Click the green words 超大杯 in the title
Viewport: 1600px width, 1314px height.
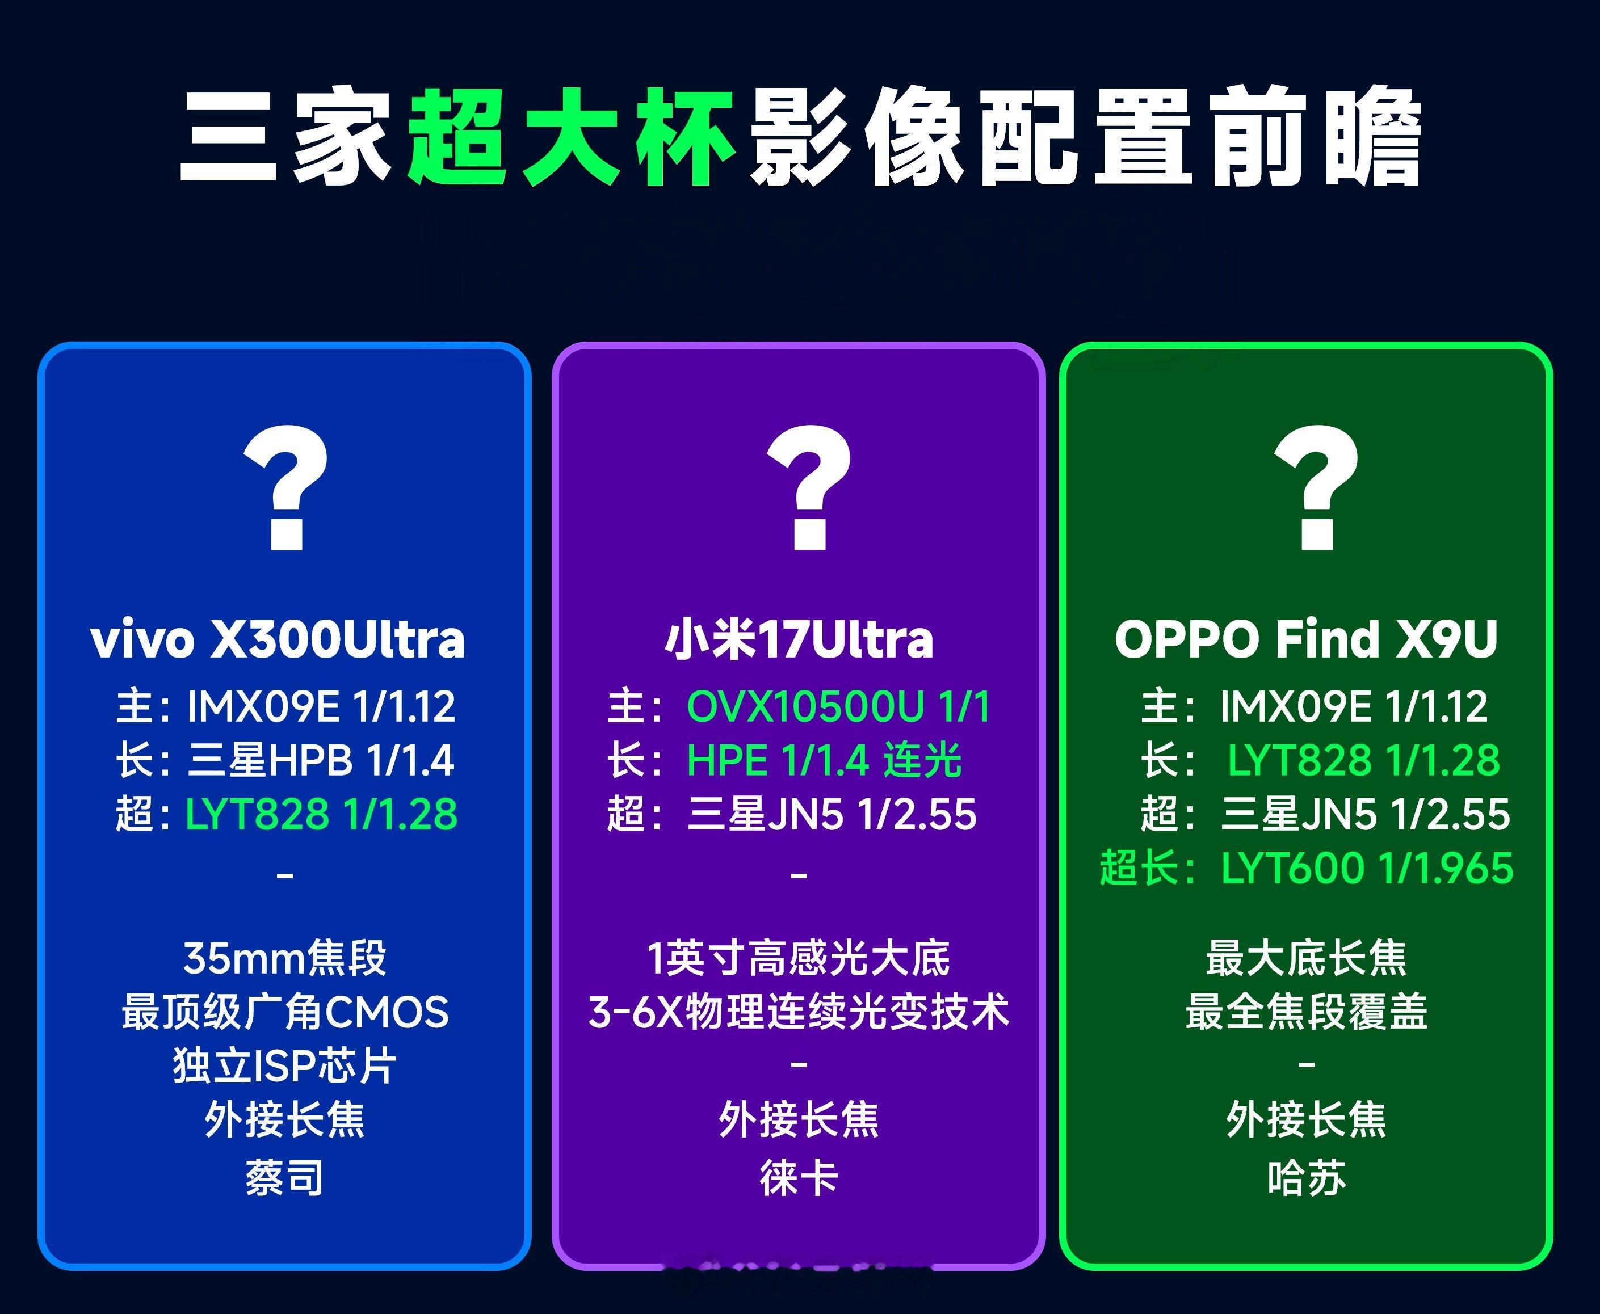click(571, 138)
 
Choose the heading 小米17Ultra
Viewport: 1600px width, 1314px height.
click(799, 639)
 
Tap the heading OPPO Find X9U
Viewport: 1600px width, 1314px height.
click(1306, 639)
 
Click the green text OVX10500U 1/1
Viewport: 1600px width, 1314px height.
click(838, 706)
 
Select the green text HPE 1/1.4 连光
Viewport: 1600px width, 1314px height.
click(824, 760)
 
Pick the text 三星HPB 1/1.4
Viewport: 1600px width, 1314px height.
click(320, 760)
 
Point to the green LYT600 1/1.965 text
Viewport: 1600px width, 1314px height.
click(1367, 867)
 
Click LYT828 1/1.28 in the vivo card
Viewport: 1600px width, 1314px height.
click(321, 814)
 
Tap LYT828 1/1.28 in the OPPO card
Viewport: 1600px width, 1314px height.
click(1363, 760)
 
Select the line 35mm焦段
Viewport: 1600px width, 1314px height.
click(285, 958)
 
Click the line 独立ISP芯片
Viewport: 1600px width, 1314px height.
click(285, 1065)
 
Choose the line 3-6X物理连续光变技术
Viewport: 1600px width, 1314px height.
click(799, 1012)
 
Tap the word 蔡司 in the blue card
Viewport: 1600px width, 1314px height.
click(285, 1178)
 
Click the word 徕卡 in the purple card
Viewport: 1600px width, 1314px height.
click(799, 1178)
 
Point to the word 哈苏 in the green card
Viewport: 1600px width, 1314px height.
click(1306, 1178)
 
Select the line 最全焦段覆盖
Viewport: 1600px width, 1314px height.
click(1306, 1012)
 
